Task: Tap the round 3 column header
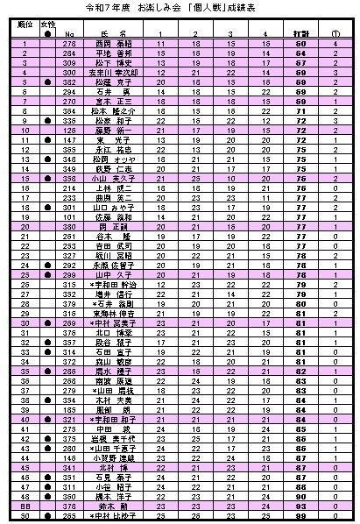click(229, 32)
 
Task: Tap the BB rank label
click(25, 506)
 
